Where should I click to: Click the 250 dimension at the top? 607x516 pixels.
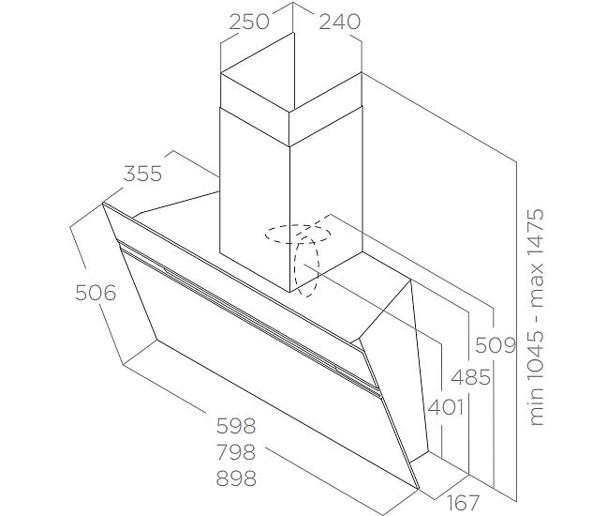[x=249, y=22]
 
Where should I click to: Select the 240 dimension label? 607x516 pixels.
[x=339, y=22]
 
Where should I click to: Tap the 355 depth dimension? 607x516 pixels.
[x=142, y=174]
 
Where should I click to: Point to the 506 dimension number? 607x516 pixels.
[x=96, y=293]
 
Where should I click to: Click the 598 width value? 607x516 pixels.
[x=236, y=426]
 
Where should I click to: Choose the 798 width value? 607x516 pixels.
[x=236, y=452]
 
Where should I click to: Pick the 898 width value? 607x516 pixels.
[x=236, y=478]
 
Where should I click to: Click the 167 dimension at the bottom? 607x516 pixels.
[x=464, y=503]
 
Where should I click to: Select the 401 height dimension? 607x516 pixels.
[x=446, y=407]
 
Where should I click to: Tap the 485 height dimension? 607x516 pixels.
[x=471, y=377]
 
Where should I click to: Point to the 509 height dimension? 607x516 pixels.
[x=496, y=344]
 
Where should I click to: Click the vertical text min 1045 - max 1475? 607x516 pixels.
[x=537, y=317]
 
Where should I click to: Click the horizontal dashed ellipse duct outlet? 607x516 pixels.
[x=298, y=234]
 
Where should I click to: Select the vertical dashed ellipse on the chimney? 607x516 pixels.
[x=306, y=266]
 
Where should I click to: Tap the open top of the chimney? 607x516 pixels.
[x=291, y=71]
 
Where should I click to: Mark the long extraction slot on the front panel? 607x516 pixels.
[x=247, y=315]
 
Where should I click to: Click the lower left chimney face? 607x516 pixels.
[x=255, y=202]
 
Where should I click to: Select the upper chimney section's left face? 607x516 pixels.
[x=255, y=92]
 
